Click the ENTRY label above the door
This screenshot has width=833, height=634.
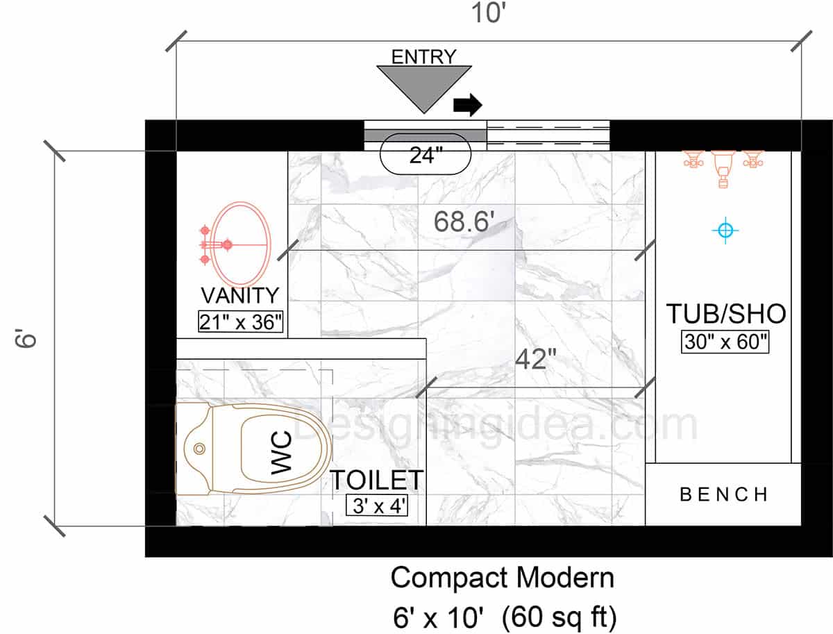click(x=423, y=57)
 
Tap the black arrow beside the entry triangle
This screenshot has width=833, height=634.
click(x=468, y=104)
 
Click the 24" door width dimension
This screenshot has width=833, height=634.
click(x=426, y=156)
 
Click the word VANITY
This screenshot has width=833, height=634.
click(x=240, y=295)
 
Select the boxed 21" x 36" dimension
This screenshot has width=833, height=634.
click(x=241, y=322)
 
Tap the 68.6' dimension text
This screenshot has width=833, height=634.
click(x=464, y=222)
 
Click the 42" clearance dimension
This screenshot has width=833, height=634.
click(x=535, y=359)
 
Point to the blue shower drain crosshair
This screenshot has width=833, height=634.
click(x=725, y=231)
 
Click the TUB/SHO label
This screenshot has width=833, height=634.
click(x=726, y=314)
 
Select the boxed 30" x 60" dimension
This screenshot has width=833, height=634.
click(x=725, y=342)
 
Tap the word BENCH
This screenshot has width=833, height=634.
click(x=724, y=494)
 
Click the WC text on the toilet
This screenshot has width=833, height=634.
click(x=281, y=453)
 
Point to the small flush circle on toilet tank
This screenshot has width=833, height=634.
click(x=199, y=449)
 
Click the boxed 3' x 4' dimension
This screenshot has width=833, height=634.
click(x=377, y=506)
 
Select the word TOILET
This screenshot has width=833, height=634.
click(x=376, y=481)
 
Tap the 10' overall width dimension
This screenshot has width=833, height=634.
click(x=489, y=12)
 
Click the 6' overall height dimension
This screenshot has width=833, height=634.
click(x=26, y=338)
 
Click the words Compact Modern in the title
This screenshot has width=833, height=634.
click(x=503, y=578)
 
